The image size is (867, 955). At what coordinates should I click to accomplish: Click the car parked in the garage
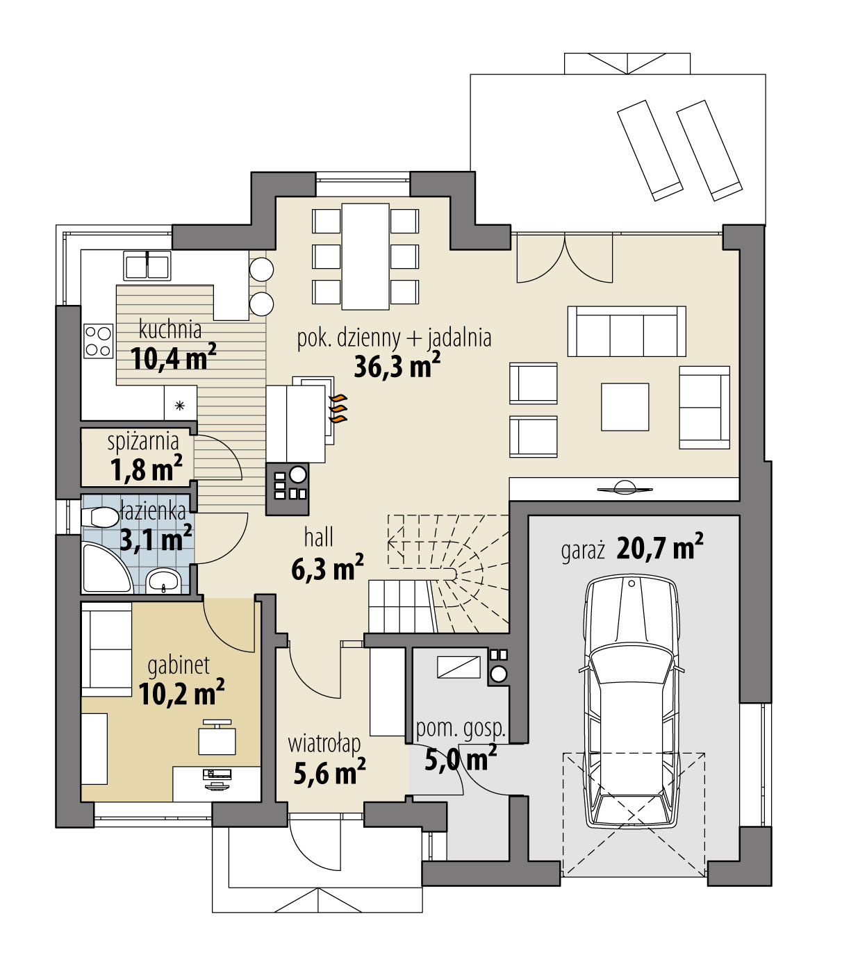[631, 701]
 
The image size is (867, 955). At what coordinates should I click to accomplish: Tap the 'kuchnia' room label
[170, 328]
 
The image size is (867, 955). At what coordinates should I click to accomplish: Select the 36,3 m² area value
[397, 366]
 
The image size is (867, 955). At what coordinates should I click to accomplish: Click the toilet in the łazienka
[100, 517]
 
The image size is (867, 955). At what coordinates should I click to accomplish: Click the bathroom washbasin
[165, 580]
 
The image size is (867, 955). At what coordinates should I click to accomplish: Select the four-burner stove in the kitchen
[98, 341]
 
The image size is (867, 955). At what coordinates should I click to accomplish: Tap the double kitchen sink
[147, 265]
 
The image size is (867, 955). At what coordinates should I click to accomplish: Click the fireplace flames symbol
[338, 409]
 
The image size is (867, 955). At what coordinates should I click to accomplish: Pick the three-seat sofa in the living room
[627, 331]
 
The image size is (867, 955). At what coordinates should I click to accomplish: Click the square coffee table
[625, 406]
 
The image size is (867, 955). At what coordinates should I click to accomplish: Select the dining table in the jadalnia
[365, 257]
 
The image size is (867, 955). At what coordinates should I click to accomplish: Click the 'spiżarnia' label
[143, 441]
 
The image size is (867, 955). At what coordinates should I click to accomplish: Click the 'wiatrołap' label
[324, 744]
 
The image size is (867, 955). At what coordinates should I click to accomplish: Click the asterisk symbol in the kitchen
[180, 406]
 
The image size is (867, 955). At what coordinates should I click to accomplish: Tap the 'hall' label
[319, 537]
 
